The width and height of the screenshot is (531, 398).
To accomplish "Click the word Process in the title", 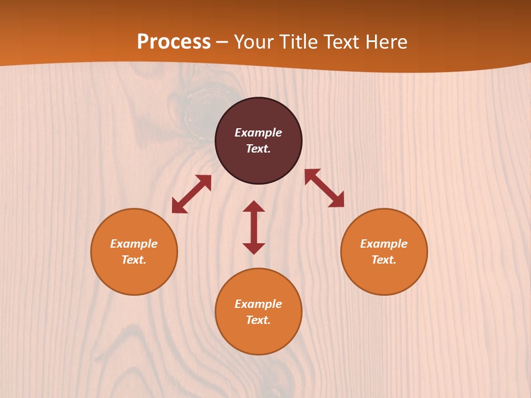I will [174, 41].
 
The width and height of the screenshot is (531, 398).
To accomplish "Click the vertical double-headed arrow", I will [254, 227].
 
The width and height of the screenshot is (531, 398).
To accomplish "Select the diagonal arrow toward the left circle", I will [191, 194].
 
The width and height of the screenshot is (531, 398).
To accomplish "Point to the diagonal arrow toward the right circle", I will [324, 188].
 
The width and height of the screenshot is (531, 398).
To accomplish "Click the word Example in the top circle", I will [258, 133].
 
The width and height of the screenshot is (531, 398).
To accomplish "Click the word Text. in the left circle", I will [134, 260].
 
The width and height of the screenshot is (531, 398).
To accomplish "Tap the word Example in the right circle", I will [384, 244].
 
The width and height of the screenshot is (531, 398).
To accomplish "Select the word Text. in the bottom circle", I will [258, 320].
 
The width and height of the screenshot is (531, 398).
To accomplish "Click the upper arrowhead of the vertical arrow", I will [254, 206].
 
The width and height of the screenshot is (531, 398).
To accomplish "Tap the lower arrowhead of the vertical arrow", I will [254, 248].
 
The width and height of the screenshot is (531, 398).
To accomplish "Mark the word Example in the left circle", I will [134, 244].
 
